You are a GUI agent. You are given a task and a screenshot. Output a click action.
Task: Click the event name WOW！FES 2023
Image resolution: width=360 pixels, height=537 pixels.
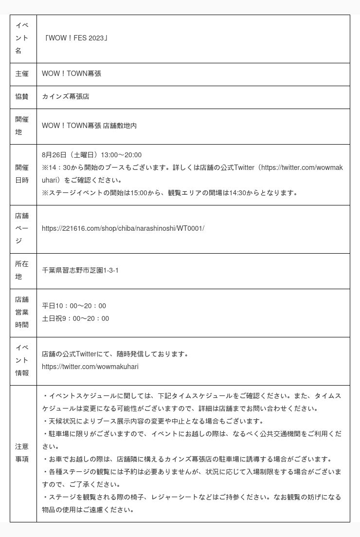pos(75,38)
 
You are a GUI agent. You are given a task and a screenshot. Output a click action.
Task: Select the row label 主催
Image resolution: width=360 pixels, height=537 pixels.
pos(22,74)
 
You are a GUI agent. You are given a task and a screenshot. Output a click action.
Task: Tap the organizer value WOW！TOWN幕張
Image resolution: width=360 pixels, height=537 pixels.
pos(72,74)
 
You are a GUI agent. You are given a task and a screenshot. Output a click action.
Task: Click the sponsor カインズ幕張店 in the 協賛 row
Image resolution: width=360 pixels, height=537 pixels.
pos(65,97)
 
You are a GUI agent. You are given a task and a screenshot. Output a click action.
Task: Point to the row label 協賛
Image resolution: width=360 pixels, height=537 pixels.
pos(22,97)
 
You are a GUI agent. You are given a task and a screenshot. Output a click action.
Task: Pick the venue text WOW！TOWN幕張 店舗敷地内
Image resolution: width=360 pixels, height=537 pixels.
pos(89,126)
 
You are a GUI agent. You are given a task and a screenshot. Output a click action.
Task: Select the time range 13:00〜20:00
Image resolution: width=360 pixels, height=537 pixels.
pos(121,155)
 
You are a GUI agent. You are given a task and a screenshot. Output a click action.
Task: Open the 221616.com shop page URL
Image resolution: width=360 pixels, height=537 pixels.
pos(123,229)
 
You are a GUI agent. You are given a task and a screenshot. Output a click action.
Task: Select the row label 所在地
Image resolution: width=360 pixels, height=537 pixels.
pos(22,271)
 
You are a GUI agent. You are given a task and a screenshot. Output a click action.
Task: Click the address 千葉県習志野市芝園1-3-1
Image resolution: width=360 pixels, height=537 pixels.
pos(80,271)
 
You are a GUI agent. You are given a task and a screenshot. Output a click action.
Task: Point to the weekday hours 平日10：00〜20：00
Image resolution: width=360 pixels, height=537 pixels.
pos(74,306)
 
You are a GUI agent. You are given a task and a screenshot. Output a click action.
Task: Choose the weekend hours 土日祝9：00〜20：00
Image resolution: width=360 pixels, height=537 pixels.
pos(75,319)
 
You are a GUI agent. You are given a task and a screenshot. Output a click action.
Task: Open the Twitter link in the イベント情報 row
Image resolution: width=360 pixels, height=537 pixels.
pos(90,367)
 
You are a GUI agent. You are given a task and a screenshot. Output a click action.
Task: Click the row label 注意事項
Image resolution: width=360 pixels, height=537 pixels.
pos(22,453)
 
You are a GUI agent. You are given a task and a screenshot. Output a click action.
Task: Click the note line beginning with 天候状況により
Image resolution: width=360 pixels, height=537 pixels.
pos(154,422)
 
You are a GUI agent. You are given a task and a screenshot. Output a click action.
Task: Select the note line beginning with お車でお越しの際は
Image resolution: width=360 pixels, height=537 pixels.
pos(188,460)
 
